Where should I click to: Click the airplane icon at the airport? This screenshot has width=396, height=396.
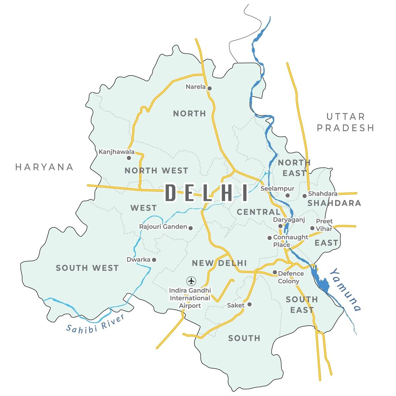(191, 281)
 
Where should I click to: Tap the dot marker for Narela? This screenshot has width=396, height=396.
(209, 88)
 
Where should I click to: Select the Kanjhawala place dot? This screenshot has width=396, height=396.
(129, 158)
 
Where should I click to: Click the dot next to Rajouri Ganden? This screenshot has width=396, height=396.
(190, 228)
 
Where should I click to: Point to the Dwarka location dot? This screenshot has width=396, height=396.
(154, 260)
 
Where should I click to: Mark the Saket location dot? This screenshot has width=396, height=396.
(249, 304)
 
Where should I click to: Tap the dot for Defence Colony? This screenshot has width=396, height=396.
(275, 272)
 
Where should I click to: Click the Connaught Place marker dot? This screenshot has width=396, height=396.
(269, 238)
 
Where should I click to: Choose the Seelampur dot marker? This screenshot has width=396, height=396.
(287, 195)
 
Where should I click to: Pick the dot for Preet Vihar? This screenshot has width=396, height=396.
(312, 228)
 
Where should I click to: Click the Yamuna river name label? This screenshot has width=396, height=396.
(345, 290)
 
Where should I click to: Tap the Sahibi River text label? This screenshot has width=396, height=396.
(95, 323)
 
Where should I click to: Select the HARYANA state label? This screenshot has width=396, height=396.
(44, 167)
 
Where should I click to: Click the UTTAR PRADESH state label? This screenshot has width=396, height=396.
(346, 122)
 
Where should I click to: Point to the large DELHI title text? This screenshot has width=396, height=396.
(207, 193)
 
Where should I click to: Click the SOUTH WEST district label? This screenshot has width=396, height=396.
(87, 268)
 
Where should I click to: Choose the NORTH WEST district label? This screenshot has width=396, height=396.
(156, 171)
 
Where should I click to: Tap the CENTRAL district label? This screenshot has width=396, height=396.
(258, 212)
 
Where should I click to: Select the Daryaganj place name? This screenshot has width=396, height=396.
(289, 220)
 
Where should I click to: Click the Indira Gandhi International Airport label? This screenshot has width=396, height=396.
(190, 298)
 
